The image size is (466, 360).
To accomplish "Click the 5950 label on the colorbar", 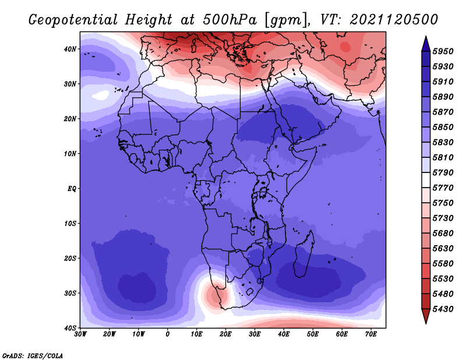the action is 443,51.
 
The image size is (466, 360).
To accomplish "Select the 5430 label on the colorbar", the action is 443,309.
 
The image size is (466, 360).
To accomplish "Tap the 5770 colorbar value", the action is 443,188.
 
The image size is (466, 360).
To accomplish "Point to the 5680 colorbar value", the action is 443,234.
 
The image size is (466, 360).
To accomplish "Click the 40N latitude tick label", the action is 70,49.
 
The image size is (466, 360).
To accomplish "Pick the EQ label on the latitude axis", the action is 72,189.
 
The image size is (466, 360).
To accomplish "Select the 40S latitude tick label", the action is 70,328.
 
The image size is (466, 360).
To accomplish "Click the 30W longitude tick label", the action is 80,334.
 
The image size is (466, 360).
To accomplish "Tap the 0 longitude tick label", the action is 168,334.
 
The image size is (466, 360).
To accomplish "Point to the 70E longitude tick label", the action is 370,334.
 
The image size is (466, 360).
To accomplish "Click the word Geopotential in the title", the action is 73,20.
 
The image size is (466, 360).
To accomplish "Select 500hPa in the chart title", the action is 230,20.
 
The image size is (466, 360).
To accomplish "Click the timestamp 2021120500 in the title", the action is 394,20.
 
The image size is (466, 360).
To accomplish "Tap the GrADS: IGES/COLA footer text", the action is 33,356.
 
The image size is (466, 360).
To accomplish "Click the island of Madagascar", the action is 304,254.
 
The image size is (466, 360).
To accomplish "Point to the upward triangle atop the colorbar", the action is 426,44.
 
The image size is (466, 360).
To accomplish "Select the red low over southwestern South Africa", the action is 214,295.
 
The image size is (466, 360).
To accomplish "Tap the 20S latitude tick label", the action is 70,258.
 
